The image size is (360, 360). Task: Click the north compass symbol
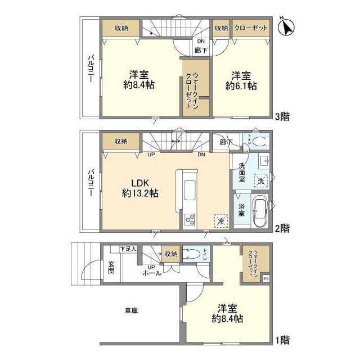(x=286, y=26)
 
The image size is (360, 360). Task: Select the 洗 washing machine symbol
(x=260, y=181)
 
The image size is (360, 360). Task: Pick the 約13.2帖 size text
(x=140, y=193)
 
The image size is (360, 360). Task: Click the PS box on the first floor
(x=265, y=278)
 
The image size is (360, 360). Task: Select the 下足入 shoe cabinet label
(x=128, y=248)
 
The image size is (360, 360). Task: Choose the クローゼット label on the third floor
(x=251, y=28)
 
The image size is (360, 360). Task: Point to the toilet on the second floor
(x=256, y=140)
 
